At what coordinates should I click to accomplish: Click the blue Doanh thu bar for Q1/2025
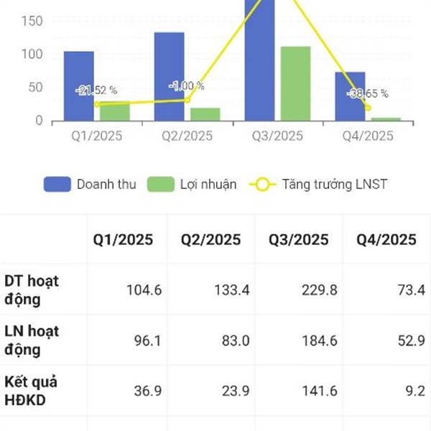78,86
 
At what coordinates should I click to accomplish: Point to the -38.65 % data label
368,93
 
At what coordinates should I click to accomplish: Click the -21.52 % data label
96,91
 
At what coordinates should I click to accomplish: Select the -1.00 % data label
187,86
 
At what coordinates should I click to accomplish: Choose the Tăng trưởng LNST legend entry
319,184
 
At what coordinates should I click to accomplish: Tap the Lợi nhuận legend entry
192,184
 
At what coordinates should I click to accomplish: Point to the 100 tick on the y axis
32,54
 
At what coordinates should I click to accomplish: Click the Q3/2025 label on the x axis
278,136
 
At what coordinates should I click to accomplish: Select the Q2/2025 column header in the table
211,240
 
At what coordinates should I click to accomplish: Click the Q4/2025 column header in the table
386,240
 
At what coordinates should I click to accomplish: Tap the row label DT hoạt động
32,289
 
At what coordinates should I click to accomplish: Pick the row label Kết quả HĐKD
32,391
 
